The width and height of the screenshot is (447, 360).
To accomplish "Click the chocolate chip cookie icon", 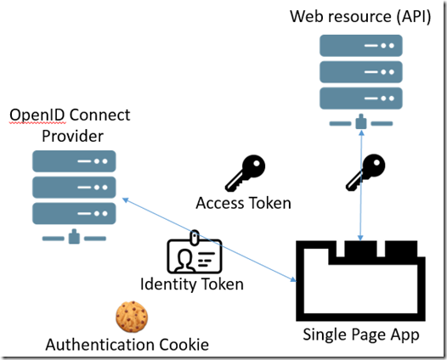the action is coord(132,317).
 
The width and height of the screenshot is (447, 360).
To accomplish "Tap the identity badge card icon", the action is coord(195,252).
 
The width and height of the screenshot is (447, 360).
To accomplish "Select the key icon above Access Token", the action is coord(245,173).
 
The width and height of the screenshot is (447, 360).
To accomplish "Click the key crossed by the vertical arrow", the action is coord(365,172).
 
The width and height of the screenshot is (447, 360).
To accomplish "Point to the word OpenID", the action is coord(37,115).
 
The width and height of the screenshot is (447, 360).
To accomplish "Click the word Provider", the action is coord(73,136).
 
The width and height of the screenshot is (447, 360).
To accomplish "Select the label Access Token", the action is coord(243,203).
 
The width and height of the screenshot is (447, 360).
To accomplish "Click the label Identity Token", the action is coord(192,284).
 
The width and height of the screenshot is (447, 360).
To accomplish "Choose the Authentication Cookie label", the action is coord(127,345).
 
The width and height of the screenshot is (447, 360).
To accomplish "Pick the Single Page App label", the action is coord(361,335).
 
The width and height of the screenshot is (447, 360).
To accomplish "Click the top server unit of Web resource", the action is coord(361,46).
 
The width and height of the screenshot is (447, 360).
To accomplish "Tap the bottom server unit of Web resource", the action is coord(361,98).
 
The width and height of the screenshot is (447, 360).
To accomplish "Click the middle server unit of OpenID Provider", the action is coord(74,188).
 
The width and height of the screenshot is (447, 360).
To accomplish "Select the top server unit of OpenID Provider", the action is coord(74,161).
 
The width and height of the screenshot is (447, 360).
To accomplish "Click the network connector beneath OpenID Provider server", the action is coord(74,237).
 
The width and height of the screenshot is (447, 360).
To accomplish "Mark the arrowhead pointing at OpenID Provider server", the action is coord(126,200).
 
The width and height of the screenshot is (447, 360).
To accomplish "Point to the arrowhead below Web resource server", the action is coord(362,133).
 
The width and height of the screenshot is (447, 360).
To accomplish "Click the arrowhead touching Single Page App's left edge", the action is coord(293,279).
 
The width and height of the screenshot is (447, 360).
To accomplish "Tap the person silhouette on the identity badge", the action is coord(184,261).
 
